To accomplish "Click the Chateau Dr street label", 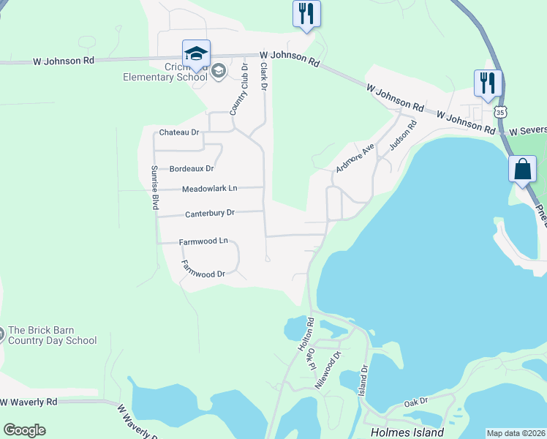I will (x=179, y=132).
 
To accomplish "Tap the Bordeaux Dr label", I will (x=191, y=168).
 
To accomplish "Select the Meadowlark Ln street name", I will (x=209, y=188).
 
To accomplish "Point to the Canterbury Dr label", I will (x=209, y=213).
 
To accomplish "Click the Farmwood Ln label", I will (x=203, y=241).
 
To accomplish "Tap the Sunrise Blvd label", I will (x=155, y=188).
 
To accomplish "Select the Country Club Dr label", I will (x=239, y=89).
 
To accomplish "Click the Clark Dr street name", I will (x=264, y=76).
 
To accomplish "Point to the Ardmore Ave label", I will (x=355, y=157).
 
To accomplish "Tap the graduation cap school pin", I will (x=196, y=54).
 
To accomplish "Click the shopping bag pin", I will (x=522, y=169).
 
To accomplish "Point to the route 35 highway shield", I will (x=499, y=112).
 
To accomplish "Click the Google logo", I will (x=24, y=430).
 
